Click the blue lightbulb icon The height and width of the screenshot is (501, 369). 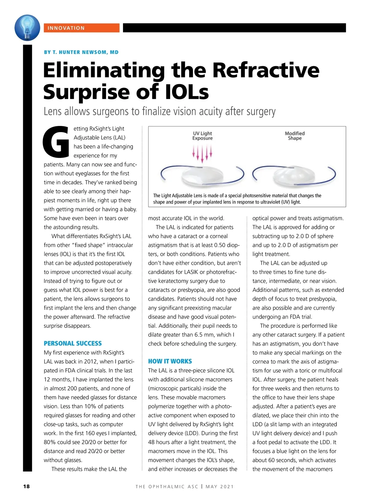click(27, 28)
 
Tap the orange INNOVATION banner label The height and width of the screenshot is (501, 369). click(81, 28)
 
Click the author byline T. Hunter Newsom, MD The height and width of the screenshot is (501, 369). click(81, 52)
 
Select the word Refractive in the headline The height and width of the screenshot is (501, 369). click(266, 70)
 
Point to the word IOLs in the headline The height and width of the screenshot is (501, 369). click(187, 92)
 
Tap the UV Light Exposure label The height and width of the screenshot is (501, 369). click(202, 136)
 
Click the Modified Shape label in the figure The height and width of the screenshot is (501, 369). click(295, 136)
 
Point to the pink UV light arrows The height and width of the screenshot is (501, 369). click(202, 153)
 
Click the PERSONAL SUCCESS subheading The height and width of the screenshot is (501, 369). click(73, 343)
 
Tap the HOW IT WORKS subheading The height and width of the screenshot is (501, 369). click(170, 361)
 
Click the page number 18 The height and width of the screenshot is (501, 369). click(26, 486)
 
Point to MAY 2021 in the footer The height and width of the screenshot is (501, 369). click(220, 487)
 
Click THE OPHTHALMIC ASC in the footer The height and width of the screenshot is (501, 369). click(167, 487)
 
